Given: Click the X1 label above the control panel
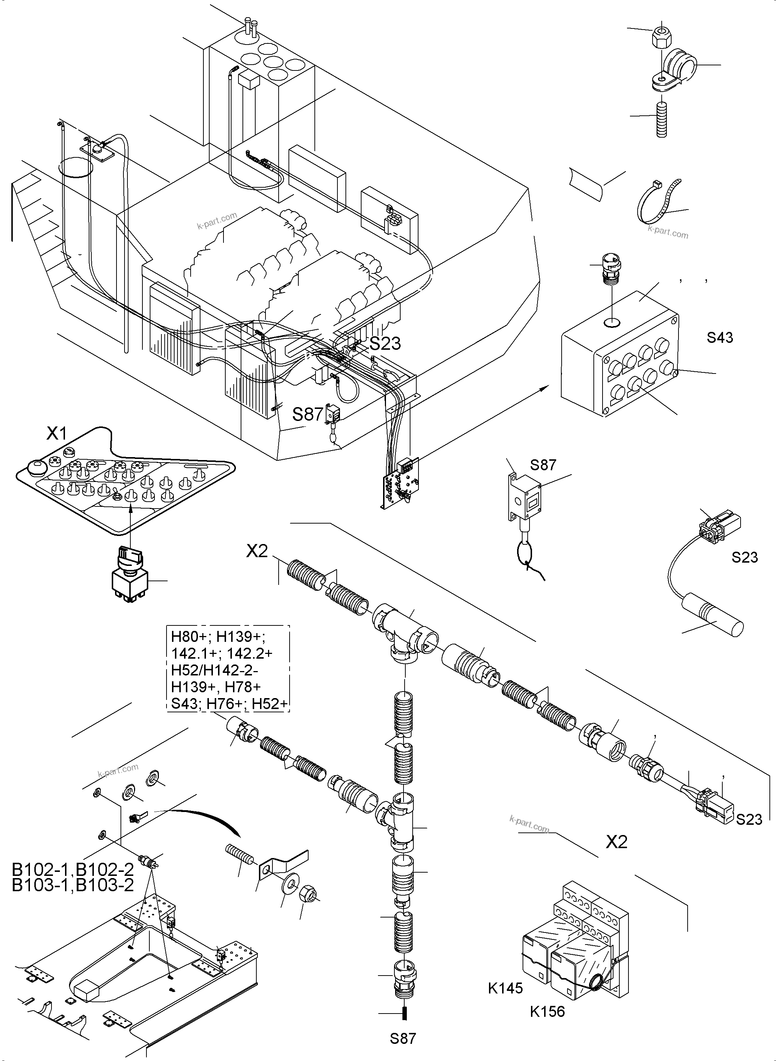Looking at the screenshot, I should click(x=57, y=433).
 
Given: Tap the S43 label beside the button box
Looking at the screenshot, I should click(x=720, y=337).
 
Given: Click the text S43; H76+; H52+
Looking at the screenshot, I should click(x=229, y=704).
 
